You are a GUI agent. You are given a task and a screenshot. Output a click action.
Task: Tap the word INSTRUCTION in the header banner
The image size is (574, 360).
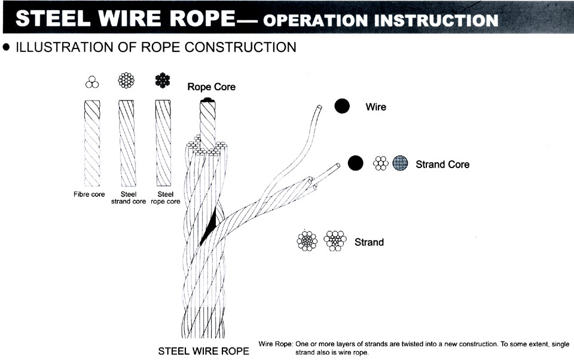click(x=436, y=20)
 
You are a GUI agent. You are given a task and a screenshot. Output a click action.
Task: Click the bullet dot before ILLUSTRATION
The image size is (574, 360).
click(x=6, y=47)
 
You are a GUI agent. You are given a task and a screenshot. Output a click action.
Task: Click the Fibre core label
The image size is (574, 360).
click(x=89, y=194)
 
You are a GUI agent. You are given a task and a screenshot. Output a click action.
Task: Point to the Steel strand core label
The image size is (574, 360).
click(x=129, y=198)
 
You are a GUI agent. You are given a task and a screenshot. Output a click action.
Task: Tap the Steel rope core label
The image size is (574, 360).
click(x=166, y=198)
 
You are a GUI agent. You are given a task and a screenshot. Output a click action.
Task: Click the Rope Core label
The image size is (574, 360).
click(x=211, y=87)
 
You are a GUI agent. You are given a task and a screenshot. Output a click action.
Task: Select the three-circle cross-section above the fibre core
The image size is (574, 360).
click(x=92, y=82)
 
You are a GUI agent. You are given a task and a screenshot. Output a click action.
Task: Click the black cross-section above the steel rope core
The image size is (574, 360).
click(x=163, y=81)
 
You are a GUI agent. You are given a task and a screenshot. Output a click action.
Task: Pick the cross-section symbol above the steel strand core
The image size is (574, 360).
click(x=126, y=81)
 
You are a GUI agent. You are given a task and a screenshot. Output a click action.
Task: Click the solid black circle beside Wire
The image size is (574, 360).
click(x=342, y=106)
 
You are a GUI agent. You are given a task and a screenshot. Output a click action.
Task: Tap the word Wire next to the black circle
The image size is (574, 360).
click(x=375, y=107)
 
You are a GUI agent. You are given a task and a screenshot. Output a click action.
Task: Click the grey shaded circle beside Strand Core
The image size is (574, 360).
click(x=400, y=163)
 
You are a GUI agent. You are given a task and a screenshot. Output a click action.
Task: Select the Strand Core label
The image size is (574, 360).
click(x=442, y=164)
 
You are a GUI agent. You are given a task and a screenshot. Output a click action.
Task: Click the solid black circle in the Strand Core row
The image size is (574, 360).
click(x=355, y=163)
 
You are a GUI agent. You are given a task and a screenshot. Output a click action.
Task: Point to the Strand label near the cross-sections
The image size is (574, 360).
click(x=369, y=242)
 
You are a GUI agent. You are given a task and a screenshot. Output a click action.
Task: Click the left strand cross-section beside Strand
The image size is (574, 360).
click(x=307, y=241)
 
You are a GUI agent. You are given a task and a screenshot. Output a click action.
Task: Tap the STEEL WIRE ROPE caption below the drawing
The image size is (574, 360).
click(x=203, y=351)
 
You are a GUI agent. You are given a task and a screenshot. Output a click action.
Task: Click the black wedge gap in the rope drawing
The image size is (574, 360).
click(x=208, y=228)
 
